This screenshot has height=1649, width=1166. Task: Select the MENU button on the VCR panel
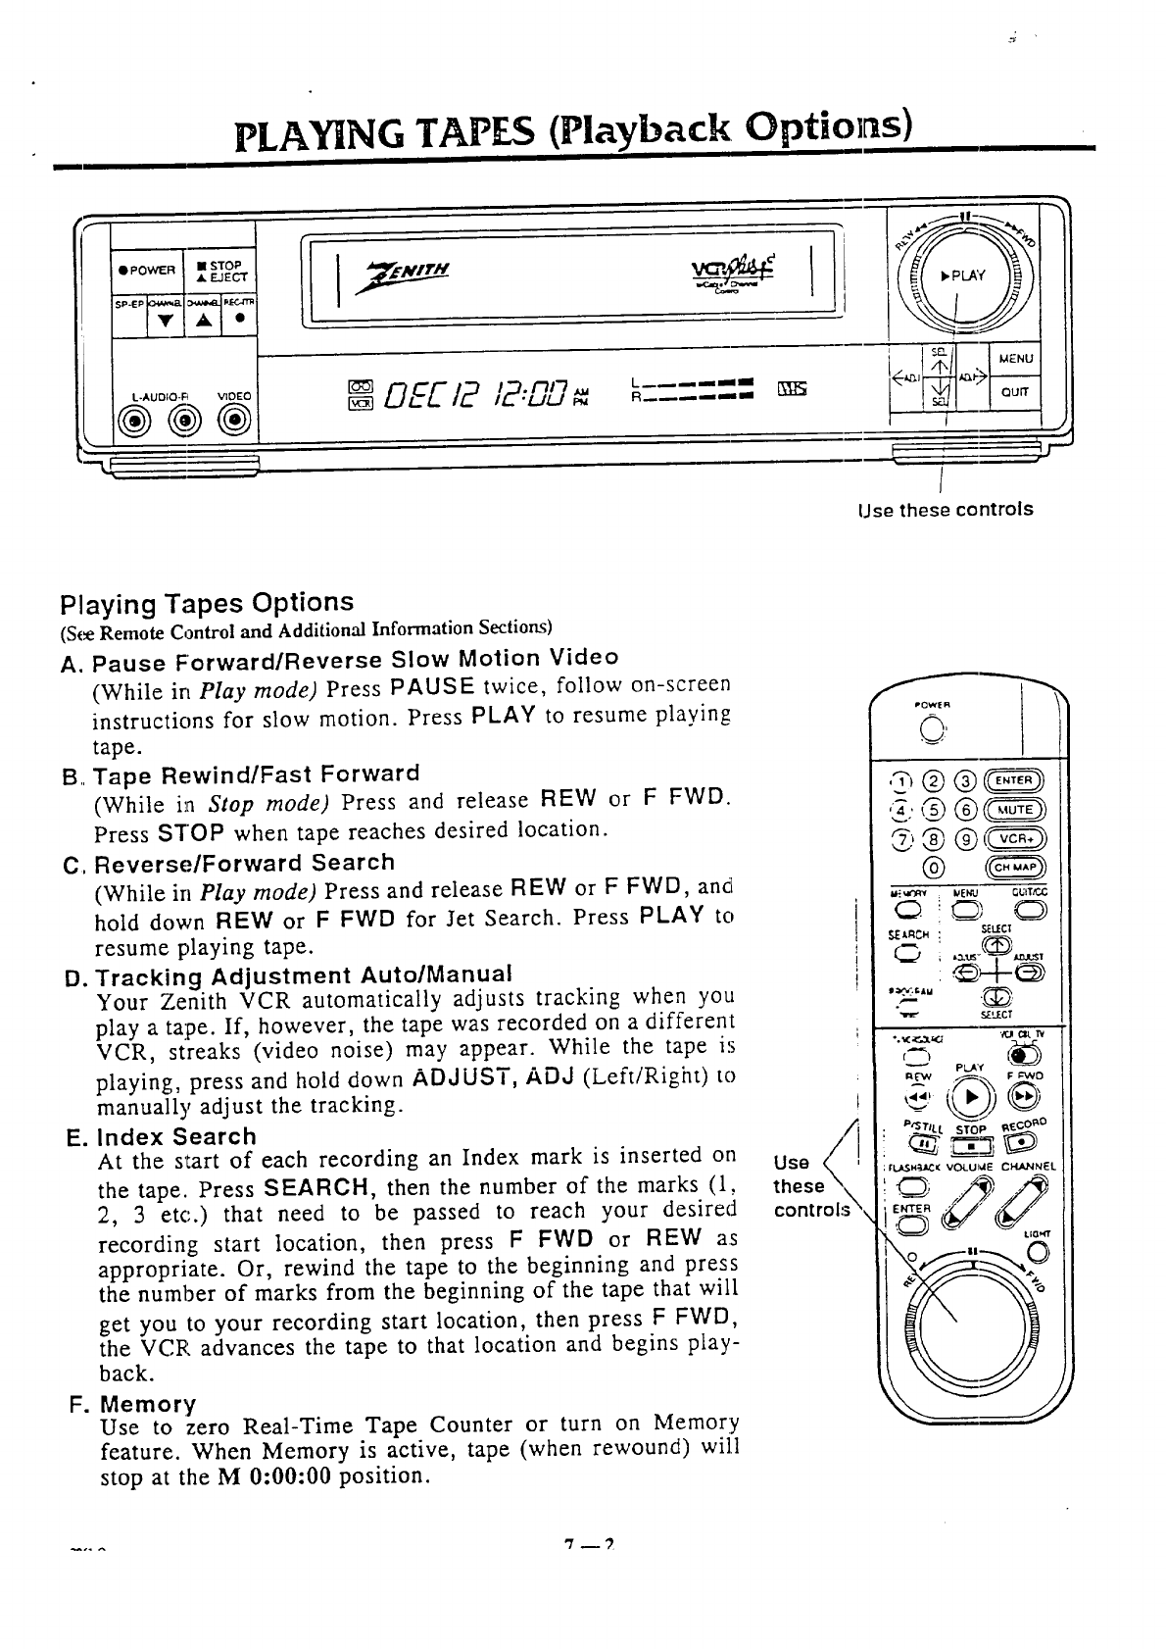tap(1015, 358)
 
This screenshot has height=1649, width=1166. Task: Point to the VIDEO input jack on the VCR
tap(234, 422)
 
